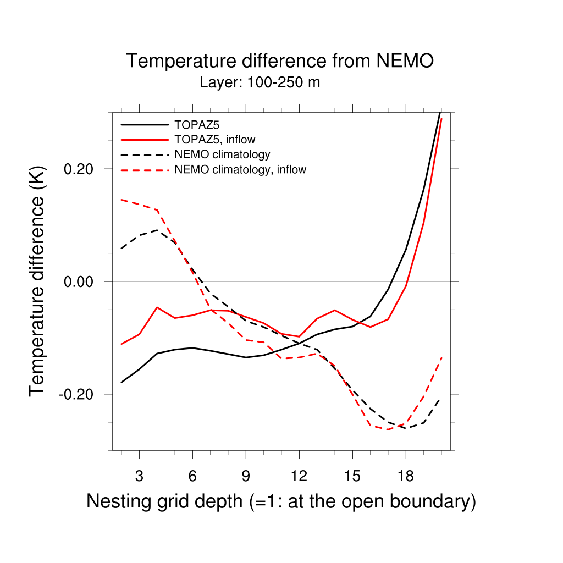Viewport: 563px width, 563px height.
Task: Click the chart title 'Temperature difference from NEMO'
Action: pos(280,61)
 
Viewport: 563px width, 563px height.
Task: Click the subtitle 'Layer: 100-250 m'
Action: pos(260,83)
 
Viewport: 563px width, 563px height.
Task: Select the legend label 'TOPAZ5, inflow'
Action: pos(214,139)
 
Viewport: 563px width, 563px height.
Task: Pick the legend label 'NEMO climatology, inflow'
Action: pos(240,169)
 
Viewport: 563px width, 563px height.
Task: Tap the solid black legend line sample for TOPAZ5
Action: pos(144,124)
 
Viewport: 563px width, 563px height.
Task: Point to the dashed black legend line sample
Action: pos(144,154)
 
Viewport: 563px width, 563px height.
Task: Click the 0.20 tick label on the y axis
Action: pos(80,169)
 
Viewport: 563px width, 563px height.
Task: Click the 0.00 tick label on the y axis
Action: pos(80,281)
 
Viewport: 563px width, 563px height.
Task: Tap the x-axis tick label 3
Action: pos(139,476)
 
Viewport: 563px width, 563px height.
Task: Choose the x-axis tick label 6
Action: pos(192,476)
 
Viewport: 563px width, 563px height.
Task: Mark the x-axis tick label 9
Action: pos(246,476)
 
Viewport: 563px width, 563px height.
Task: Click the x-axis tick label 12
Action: pos(299,476)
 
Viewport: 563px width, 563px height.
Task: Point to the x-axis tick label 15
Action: pos(352,476)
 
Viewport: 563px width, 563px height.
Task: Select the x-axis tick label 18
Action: pos(406,476)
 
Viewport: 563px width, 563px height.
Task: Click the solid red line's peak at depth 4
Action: pos(157,307)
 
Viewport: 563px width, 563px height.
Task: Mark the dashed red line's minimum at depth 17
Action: pos(388,429)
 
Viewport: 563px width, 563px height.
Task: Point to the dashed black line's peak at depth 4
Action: pos(157,230)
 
